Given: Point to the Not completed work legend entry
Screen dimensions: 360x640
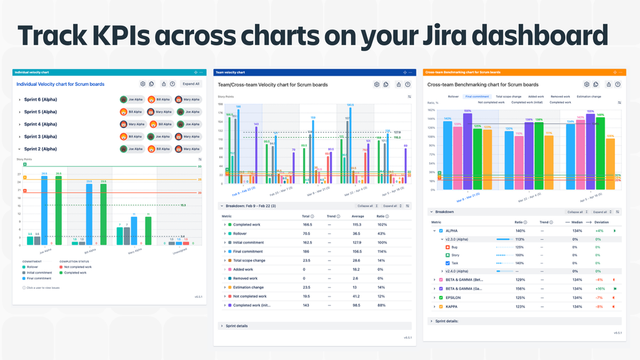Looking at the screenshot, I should pyautogui.click(x=76, y=266).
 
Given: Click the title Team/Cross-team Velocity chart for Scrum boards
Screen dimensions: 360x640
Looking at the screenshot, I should pyautogui.click(x=272, y=85).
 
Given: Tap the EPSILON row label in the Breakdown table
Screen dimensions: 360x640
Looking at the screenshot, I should pyautogui.click(x=454, y=297).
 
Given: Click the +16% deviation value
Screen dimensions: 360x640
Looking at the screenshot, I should pyautogui.click(x=600, y=289).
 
